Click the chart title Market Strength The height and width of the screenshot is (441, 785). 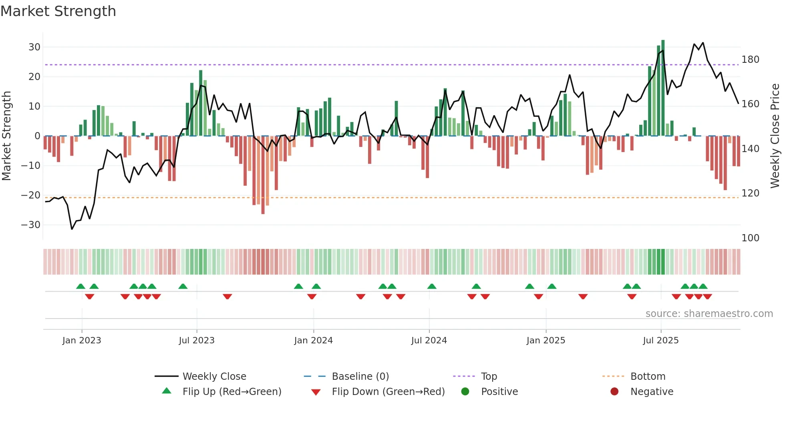pyautogui.click(x=58, y=11)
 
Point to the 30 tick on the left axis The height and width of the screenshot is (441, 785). pyautogui.click(x=34, y=47)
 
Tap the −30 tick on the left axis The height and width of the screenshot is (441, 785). pyautogui.click(x=31, y=225)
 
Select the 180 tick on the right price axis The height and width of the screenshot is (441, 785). pyautogui.click(x=750, y=60)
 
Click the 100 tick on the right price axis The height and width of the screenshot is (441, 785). pyautogui.click(x=750, y=238)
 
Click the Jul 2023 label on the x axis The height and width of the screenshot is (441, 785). pyautogui.click(x=197, y=341)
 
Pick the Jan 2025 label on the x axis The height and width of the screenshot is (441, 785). pyautogui.click(x=545, y=341)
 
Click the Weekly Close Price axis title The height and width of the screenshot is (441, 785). pyautogui.click(x=775, y=136)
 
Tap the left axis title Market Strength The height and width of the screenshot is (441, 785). pyautogui.click(x=6, y=136)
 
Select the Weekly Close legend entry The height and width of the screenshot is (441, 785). pyautogui.click(x=214, y=377)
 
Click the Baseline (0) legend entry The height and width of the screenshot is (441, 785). pyautogui.click(x=360, y=377)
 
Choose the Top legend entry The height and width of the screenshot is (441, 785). pyautogui.click(x=489, y=377)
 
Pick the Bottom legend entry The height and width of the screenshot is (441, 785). pyautogui.click(x=648, y=377)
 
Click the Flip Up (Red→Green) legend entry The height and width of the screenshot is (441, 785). pyautogui.click(x=231, y=392)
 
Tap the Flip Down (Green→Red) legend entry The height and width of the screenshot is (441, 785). pyautogui.click(x=388, y=392)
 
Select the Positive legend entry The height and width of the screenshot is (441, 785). pyautogui.click(x=499, y=392)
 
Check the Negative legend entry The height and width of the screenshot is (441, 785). pyautogui.click(x=652, y=392)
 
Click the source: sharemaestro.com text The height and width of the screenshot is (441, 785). pyautogui.click(x=709, y=314)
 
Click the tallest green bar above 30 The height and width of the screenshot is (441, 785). pyautogui.click(x=663, y=88)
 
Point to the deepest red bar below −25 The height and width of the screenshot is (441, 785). pyautogui.click(x=263, y=176)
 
